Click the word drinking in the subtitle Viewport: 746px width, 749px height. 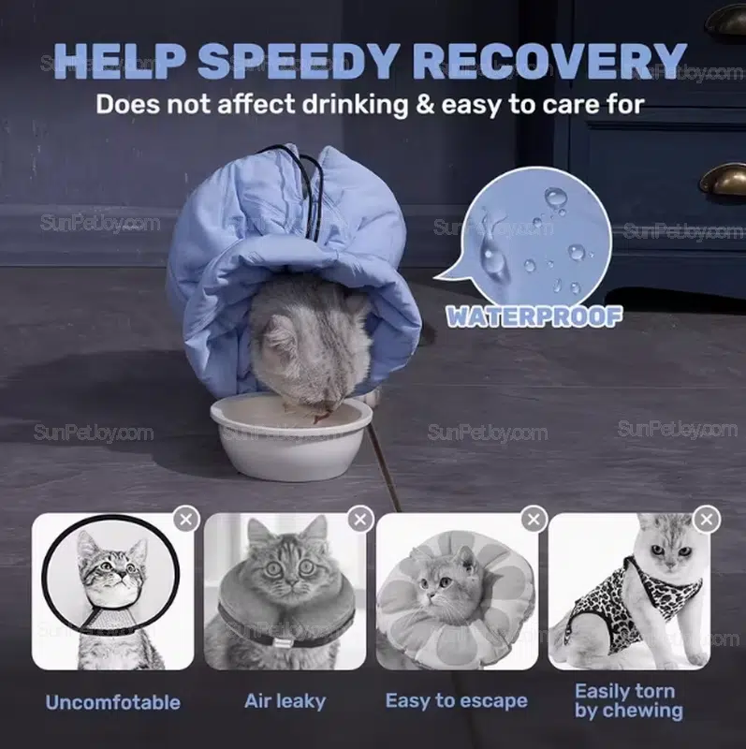355,104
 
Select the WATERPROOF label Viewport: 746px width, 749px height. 534,316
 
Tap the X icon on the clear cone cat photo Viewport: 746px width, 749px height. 185,519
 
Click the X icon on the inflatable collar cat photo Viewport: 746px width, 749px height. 360,519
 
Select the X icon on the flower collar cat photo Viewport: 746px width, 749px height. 534,519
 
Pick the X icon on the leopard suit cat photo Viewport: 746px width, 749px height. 707,519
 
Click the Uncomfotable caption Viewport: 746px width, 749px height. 113,702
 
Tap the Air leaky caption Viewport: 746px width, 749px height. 285,700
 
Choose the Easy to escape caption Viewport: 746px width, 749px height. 457,700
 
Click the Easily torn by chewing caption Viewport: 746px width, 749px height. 629,700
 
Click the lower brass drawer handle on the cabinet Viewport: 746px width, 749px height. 724,178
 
